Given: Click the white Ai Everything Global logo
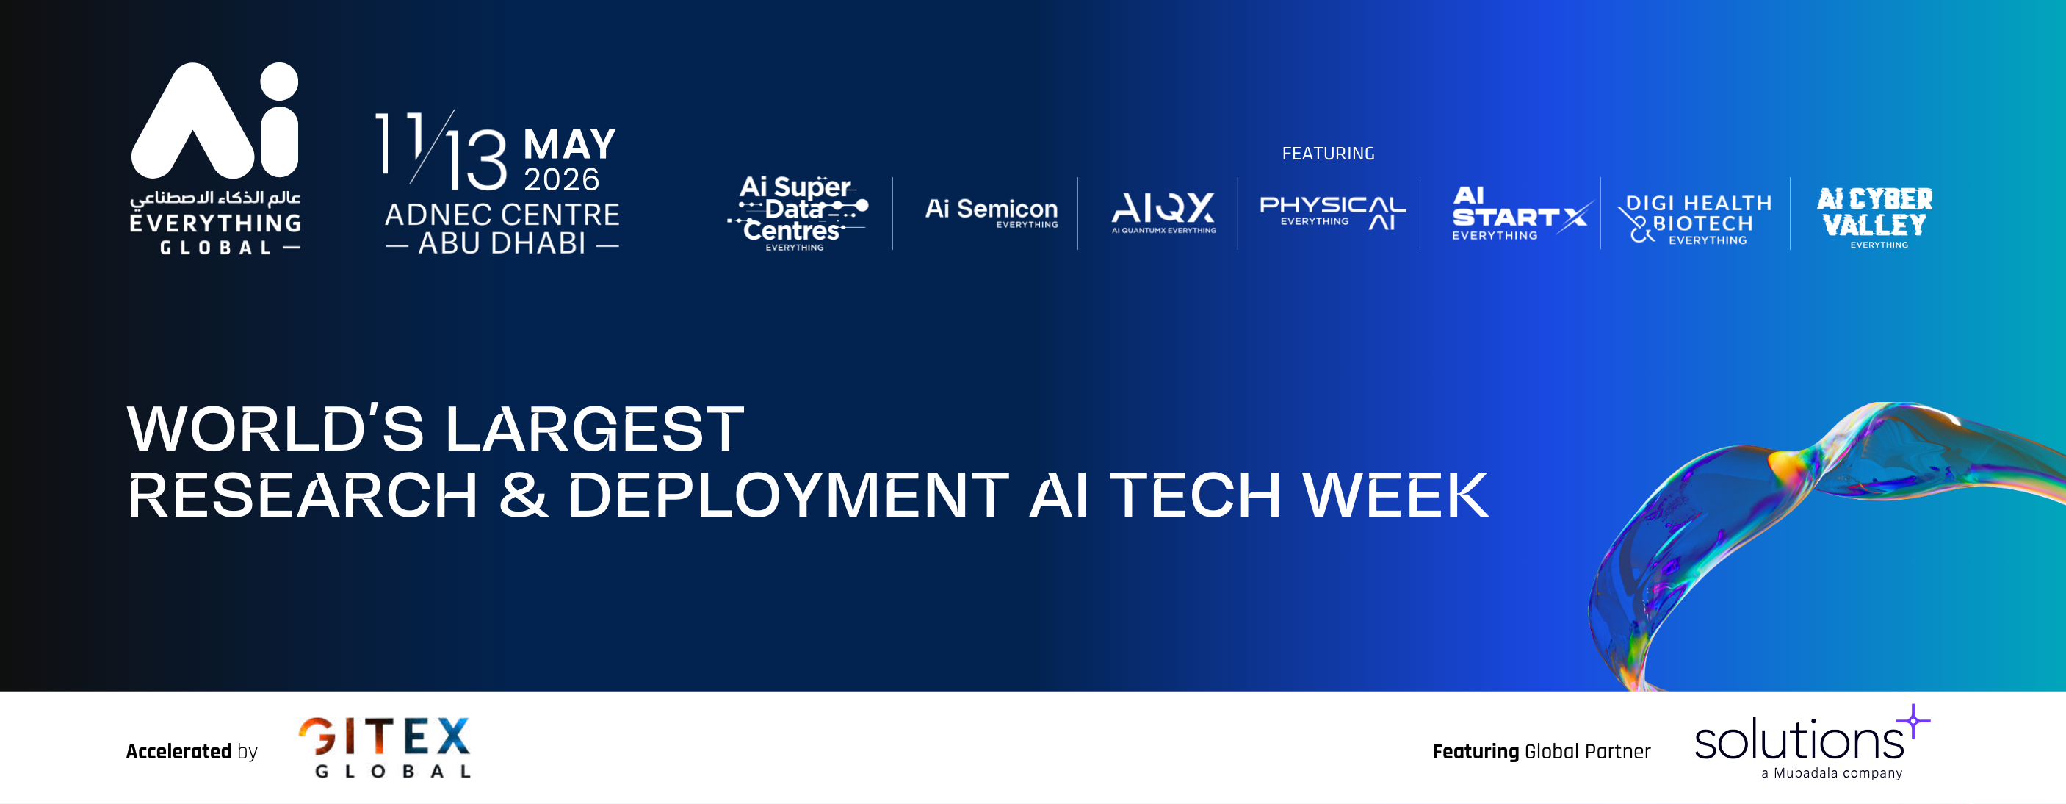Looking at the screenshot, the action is click(215, 159).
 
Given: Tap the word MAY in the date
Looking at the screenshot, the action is click(569, 146).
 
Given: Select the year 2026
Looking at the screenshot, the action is click(561, 180).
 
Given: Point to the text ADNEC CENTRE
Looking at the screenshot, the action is click(502, 215).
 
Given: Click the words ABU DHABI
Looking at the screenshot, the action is click(502, 243).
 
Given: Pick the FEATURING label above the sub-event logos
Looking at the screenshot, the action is click(1328, 154).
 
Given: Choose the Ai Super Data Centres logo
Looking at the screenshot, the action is click(797, 212).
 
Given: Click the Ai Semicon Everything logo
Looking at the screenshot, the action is click(992, 212).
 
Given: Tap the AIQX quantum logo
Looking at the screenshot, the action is click(1163, 212).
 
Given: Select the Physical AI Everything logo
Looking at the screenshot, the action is click(1333, 212).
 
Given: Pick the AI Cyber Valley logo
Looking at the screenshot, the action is click(1875, 218).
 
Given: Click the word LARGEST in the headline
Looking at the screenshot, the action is click(594, 429).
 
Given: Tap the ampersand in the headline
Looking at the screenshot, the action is click(524, 495).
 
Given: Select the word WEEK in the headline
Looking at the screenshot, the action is click(1395, 495).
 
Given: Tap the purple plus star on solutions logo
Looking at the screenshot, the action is click(1914, 720).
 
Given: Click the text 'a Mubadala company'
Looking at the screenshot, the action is click(1832, 772).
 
